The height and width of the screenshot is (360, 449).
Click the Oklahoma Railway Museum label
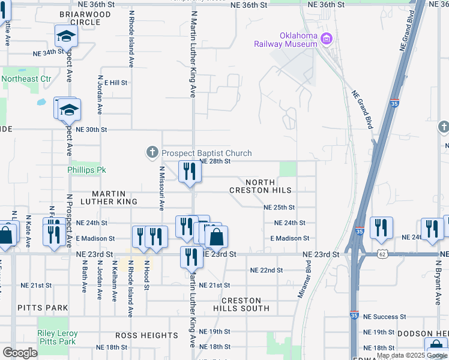click(x=285, y=39)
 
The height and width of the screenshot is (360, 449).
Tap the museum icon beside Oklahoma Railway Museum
click(x=327, y=40)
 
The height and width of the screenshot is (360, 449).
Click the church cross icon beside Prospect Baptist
click(x=152, y=154)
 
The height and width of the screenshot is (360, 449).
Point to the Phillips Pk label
click(x=86, y=170)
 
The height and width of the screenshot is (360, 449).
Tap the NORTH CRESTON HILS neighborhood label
click(x=260, y=186)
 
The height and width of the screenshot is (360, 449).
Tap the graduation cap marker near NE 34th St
click(x=66, y=37)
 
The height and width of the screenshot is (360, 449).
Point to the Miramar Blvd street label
click(x=304, y=279)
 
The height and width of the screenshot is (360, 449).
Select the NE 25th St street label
click(x=279, y=207)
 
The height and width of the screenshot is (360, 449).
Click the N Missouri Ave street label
click(x=161, y=188)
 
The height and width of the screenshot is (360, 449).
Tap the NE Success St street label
click(x=385, y=316)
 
